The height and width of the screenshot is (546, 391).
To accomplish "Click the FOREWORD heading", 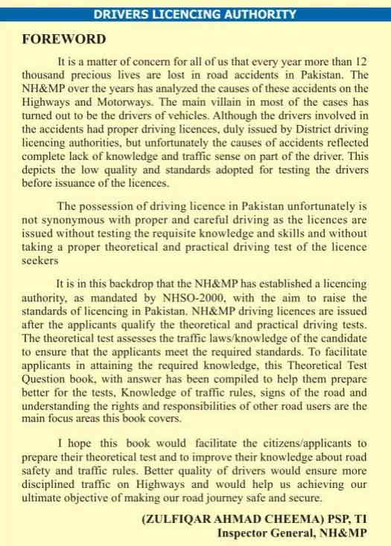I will click(63, 39).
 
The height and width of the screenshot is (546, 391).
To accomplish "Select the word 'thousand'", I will click(46, 76).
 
